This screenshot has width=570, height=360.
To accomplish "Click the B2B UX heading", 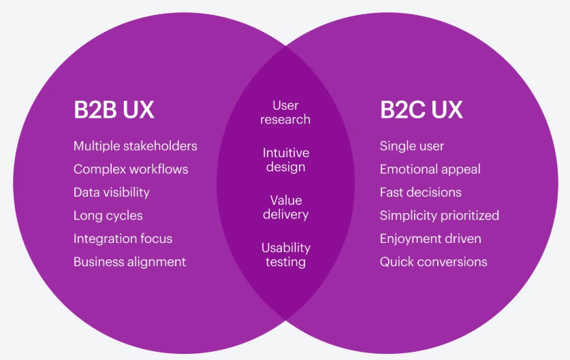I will [114, 110].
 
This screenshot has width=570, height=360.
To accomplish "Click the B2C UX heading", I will [421, 110].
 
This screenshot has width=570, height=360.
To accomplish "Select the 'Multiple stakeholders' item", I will [135, 146].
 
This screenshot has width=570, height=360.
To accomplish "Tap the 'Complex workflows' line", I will [131, 169].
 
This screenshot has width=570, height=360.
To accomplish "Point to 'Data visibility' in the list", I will [111, 193].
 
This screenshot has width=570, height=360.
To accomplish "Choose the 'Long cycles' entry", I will [108, 216].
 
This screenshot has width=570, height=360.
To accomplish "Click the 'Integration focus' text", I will [123, 239].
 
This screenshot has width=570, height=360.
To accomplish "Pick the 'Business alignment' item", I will [129, 262].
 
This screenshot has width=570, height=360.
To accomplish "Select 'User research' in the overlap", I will [285, 112].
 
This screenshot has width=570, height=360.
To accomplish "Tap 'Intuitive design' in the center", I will [285, 160].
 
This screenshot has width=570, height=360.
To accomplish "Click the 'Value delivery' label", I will [285, 208].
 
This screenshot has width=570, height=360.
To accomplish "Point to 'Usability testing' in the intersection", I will [285, 255].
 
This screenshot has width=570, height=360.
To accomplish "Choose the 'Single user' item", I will [411, 146].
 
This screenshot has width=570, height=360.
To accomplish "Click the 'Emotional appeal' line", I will [430, 169].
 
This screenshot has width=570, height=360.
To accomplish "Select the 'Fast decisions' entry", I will [420, 193].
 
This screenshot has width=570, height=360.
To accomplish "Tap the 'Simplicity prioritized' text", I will [439, 216].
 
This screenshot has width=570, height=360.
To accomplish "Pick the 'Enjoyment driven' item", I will [430, 239].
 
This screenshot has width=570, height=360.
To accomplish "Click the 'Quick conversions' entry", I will [433, 262].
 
